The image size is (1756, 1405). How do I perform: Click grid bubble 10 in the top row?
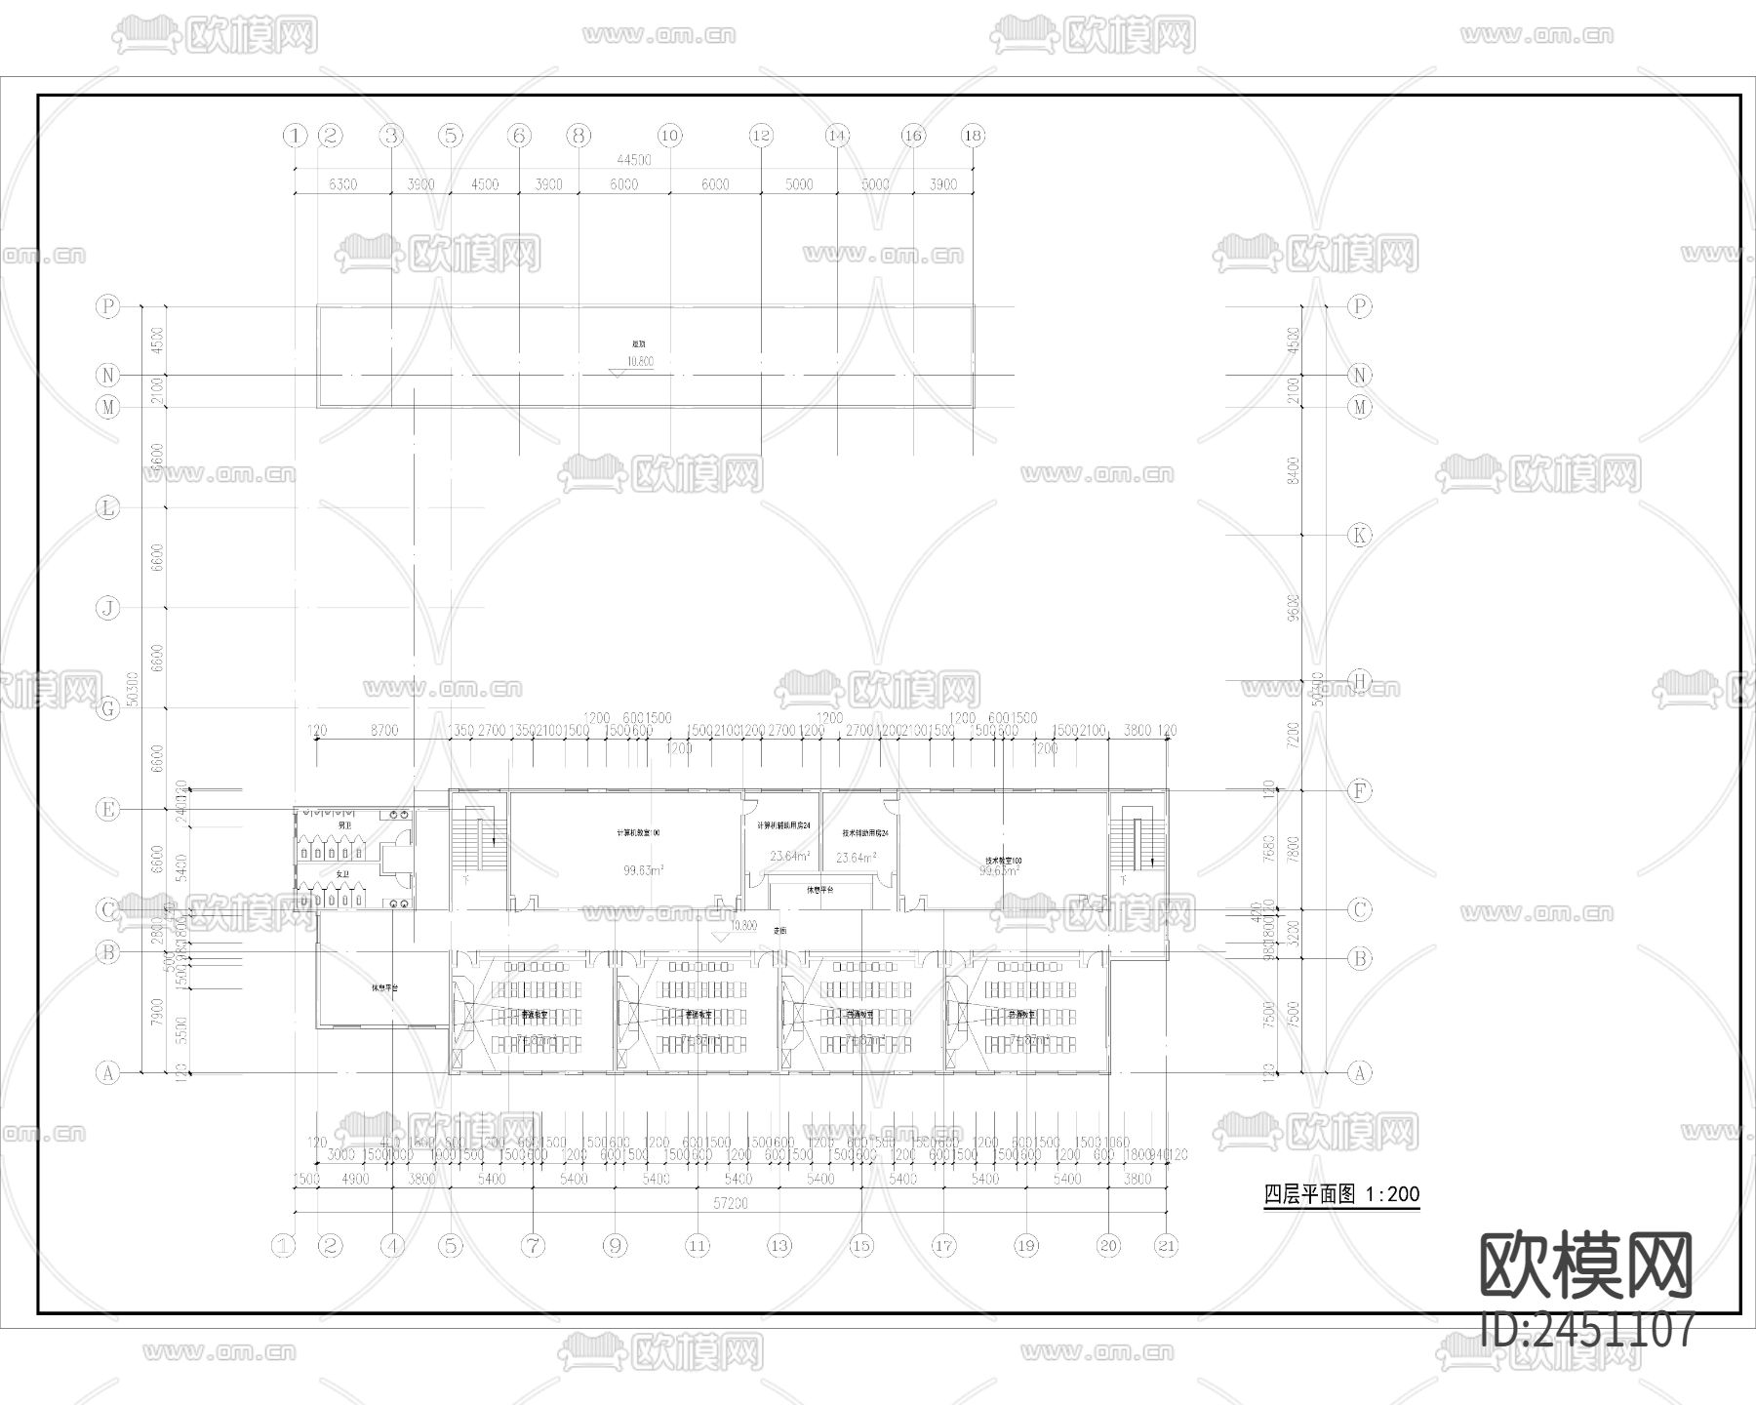pyautogui.click(x=669, y=136)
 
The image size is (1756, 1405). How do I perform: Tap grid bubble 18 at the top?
pyautogui.click(x=973, y=136)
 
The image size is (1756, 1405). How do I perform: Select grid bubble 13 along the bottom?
pyautogui.click(x=779, y=1245)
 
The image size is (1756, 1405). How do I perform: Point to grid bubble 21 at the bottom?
pyautogui.click(x=1167, y=1245)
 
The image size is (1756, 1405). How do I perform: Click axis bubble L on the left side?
pyautogui.click(x=107, y=507)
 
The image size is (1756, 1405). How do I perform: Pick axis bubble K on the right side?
pyautogui.click(x=1359, y=535)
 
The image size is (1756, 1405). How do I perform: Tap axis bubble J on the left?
pyautogui.click(x=107, y=608)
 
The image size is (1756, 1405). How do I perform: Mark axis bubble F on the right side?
pyautogui.click(x=1359, y=791)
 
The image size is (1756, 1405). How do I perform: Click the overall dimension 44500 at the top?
pyautogui.click(x=633, y=160)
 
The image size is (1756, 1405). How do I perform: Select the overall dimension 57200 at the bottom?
pyautogui.click(x=730, y=1204)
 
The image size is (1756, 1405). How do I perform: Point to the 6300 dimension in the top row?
pyautogui.click(x=342, y=184)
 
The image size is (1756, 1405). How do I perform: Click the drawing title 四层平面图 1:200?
pyautogui.click(x=1341, y=1194)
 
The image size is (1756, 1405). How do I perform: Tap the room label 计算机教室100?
pyautogui.click(x=639, y=833)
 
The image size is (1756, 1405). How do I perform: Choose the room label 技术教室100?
pyautogui.click(x=1004, y=861)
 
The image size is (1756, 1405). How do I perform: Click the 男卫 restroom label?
pyautogui.click(x=343, y=825)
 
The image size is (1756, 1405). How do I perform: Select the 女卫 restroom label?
pyautogui.click(x=342, y=874)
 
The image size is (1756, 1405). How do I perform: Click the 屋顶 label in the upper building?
pyautogui.click(x=638, y=344)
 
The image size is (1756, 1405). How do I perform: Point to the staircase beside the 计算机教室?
pyautogui.click(x=479, y=839)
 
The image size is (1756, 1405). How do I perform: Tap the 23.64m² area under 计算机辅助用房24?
pyautogui.click(x=788, y=858)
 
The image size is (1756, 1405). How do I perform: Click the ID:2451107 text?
pyautogui.click(x=1588, y=1329)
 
